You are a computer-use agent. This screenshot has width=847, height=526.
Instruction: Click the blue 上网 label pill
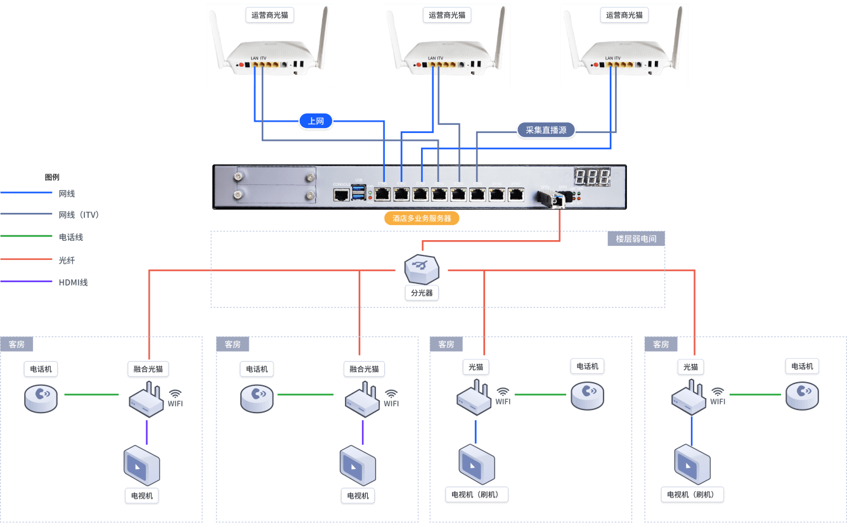pos(316,121)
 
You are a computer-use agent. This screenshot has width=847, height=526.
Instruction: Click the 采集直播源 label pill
pos(546,131)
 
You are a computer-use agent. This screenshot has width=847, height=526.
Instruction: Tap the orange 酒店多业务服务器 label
pos(422,218)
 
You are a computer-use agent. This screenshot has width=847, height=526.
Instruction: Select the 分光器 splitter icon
pos(422,268)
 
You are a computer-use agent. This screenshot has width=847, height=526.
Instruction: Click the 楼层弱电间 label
pos(636,239)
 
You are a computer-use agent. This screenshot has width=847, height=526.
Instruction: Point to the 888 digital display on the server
pos(592,177)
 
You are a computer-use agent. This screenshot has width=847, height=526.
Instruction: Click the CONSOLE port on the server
pos(341,194)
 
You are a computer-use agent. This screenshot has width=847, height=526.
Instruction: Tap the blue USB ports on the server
pos(359,194)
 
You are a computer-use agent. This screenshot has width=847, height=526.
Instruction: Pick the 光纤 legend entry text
pos(67,260)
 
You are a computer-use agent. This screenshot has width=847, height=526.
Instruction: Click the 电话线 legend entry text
pos(70,237)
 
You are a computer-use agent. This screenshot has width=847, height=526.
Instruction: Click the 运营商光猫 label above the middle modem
pos(447,15)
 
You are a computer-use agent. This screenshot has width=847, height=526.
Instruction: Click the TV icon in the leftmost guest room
pos(141,466)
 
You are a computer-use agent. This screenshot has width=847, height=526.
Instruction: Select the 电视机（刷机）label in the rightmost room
pos(695,494)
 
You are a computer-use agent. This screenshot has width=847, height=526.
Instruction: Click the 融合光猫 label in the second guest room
pos(364,369)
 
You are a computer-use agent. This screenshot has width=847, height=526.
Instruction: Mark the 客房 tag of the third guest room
pos(446,344)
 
